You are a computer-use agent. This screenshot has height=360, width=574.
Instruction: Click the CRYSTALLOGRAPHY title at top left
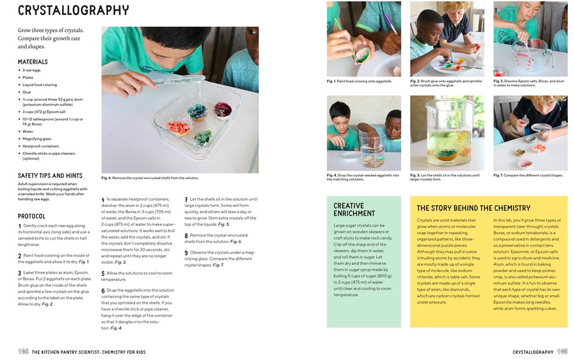(x=73, y=11)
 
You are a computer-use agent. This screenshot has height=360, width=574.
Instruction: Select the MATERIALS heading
(x=33, y=62)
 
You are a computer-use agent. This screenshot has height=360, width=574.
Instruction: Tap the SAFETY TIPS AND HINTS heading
(x=50, y=175)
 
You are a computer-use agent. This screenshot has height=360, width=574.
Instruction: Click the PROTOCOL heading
(x=32, y=216)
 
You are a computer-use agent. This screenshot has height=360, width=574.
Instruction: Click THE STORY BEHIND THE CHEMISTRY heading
(x=473, y=208)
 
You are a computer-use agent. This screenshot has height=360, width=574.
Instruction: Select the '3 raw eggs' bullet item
(x=32, y=70)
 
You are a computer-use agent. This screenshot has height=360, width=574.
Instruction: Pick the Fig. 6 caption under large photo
(x=150, y=178)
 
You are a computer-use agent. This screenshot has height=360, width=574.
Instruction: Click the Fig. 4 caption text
(x=363, y=177)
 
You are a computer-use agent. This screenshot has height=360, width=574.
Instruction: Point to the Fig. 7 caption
(x=528, y=175)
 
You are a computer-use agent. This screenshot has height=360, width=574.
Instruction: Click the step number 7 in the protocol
(x=187, y=199)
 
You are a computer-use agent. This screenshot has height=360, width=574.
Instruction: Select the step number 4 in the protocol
(x=103, y=199)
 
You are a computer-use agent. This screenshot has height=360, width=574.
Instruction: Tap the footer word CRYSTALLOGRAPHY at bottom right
(x=533, y=352)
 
